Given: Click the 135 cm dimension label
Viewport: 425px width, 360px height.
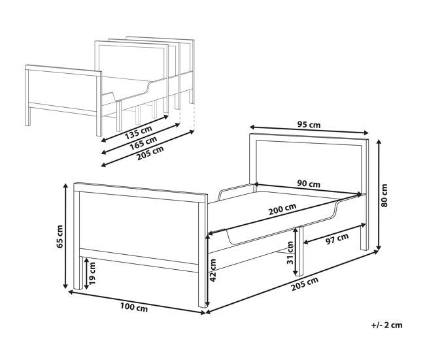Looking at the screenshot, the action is pyautogui.click(x=138, y=133).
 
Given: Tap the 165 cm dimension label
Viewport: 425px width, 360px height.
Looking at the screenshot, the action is pyautogui.click(x=143, y=143).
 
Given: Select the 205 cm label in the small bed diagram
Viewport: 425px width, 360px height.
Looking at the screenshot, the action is pyautogui.click(x=150, y=154).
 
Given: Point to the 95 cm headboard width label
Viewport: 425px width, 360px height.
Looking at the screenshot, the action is pyautogui.click(x=309, y=125).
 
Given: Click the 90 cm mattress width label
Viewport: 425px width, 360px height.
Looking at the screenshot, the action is pyautogui.click(x=309, y=184).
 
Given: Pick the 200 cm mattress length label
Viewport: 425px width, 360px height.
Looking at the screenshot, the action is pyautogui.click(x=282, y=209).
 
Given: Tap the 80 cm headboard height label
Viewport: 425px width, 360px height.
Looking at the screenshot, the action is pyautogui.click(x=384, y=195).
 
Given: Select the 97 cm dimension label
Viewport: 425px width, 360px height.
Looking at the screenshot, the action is pyautogui.click(x=337, y=239).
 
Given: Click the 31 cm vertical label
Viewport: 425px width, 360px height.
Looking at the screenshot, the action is pyautogui.click(x=290, y=253).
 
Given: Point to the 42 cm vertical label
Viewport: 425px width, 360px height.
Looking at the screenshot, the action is pyautogui.click(x=212, y=270).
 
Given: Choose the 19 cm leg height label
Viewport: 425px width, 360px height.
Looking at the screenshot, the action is pyautogui.click(x=92, y=273).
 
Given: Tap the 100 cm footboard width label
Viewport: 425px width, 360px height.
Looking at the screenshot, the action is pyautogui.click(x=134, y=308).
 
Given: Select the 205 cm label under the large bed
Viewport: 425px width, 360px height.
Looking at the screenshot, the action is pyautogui.click(x=305, y=284).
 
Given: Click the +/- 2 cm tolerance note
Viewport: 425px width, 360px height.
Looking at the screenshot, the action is pyautogui.click(x=387, y=325).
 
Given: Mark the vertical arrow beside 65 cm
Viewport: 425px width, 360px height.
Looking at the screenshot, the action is pyautogui.click(x=65, y=236).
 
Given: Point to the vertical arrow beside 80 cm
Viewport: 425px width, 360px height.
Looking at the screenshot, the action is pyautogui.click(x=379, y=195).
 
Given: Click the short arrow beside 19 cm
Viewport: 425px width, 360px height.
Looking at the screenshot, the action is pyautogui.click(x=86, y=274).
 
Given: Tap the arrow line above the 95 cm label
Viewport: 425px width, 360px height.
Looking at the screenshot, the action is pyautogui.click(x=309, y=129).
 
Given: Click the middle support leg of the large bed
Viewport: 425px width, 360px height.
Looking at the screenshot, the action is pyautogui.click(x=299, y=251).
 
